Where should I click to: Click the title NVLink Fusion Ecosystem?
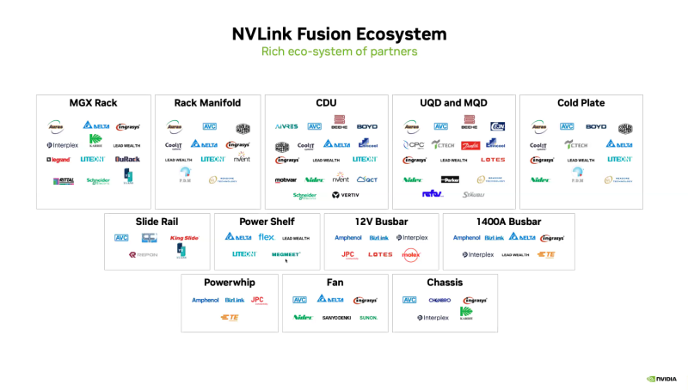[339, 34]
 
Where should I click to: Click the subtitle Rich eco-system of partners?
[339, 52]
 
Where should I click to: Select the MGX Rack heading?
[93, 103]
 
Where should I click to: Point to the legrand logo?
[58, 159]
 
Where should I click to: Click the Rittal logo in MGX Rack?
[63, 180]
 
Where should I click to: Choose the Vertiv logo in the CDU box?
[345, 195]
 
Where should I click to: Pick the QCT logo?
[367, 179]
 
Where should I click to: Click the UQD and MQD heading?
[453, 103]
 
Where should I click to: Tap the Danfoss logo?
[470, 145]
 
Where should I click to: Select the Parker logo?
[451, 179]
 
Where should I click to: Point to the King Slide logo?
[184, 238]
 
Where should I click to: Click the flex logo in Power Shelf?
[267, 237]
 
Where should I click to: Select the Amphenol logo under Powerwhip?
[206, 300]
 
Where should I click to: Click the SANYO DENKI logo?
[336, 318]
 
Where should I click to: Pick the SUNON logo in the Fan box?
[368, 318]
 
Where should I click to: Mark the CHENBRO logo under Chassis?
[440, 300]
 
